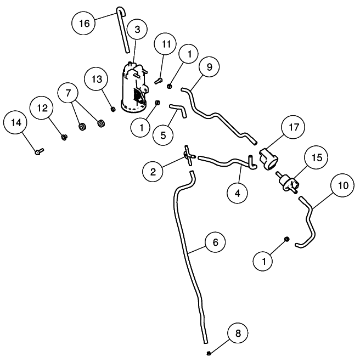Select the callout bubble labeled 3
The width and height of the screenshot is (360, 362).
point(137,29)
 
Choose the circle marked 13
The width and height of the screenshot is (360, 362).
point(97,79)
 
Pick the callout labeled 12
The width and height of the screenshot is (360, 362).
point(42,109)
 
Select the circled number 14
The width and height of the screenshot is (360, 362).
point(15,123)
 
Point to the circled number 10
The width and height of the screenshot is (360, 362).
point(343,185)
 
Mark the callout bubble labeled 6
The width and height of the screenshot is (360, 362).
point(215,242)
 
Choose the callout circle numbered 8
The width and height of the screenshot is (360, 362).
point(237,333)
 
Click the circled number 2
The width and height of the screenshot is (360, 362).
point(153,172)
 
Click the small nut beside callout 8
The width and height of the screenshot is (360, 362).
point(210,353)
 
